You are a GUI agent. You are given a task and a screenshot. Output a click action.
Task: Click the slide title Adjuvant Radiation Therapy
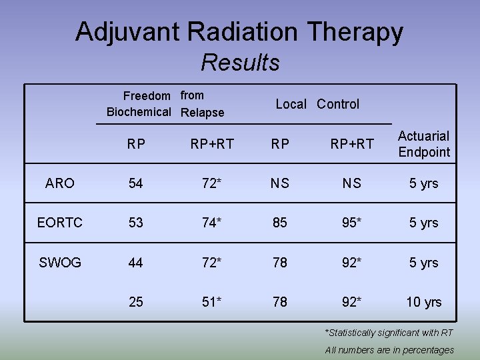[239, 31]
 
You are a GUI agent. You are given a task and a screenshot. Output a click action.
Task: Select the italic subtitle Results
[240, 63]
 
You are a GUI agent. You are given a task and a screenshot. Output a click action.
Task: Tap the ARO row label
[60, 183]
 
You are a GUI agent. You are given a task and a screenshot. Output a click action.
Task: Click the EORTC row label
[60, 223]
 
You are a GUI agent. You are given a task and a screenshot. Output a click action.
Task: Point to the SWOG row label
[60, 263]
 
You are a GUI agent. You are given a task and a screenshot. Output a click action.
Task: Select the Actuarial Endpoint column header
[424, 144]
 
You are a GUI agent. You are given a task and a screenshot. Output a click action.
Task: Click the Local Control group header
[317, 104]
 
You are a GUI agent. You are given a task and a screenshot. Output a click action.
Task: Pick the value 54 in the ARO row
[136, 183]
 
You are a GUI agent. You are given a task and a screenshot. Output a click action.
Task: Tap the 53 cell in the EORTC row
[136, 223]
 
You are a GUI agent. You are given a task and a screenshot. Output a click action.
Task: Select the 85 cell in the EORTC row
[280, 223]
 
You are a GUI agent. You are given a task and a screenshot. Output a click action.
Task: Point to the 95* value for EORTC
[352, 223]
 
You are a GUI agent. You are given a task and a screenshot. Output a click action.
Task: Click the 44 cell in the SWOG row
[136, 263]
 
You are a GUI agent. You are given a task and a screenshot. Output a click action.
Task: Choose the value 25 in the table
[136, 302]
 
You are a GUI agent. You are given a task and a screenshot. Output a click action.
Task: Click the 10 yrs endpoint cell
[424, 302]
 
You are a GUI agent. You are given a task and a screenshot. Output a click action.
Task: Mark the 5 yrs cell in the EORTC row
[424, 223]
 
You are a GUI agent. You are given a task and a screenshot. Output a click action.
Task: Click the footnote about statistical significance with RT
[389, 333]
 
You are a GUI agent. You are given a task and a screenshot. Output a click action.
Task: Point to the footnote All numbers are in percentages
[389, 350]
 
